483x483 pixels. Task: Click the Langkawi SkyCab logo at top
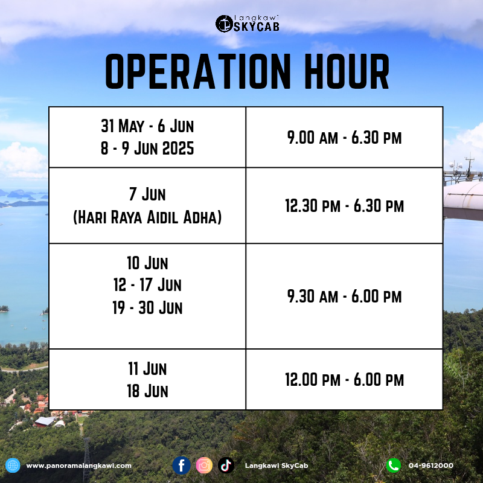[248, 24]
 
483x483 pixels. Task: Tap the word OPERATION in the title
[198, 71]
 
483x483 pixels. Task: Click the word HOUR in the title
[347, 71]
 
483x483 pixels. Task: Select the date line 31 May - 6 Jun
[147, 126]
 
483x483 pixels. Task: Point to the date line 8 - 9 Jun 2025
[147, 148]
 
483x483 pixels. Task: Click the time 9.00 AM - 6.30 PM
[344, 138]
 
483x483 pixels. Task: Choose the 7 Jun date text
[147, 194]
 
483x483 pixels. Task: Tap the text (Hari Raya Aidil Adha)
[147, 217]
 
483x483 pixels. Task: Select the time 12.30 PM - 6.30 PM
[344, 206]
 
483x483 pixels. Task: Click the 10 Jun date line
[147, 263]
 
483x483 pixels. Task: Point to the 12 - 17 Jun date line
[147, 284]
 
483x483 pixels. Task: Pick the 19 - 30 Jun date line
[147, 307]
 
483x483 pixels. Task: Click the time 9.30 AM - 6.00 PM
[344, 296]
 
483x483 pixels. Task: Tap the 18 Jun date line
[147, 391]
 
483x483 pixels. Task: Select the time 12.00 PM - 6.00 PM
[344, 380]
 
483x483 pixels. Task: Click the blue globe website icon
[13, 465]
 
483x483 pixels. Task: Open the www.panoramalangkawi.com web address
[79, 465]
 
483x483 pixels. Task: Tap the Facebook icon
[181, 465]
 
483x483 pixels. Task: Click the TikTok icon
[226, 465]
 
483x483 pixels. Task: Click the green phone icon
[394, 465]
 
